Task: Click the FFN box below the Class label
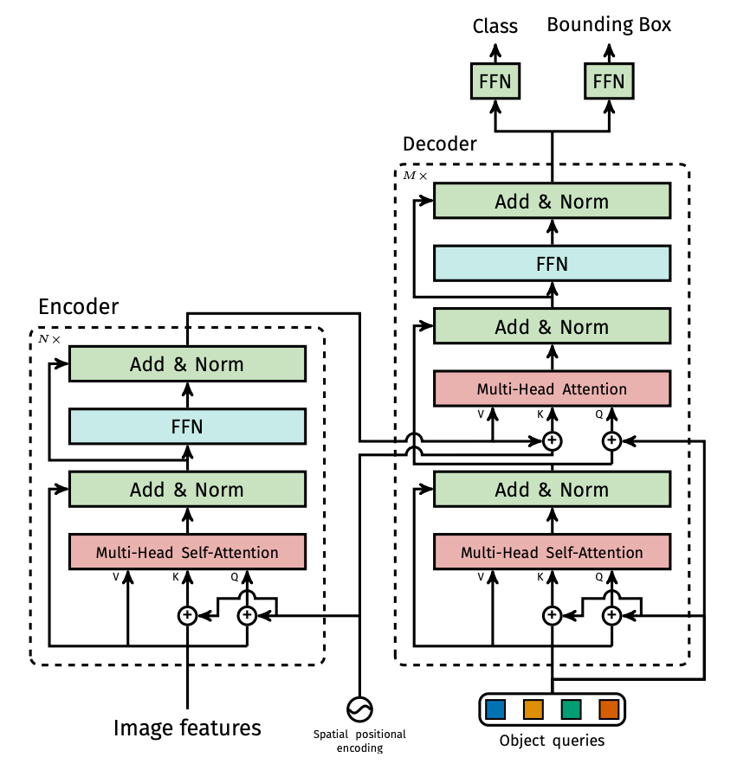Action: click(495, 82)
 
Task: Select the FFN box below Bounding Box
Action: click(608, 82)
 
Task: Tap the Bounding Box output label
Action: click(609, 25)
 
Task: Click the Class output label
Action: click(495, 27)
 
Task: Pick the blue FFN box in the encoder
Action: click(187, 427)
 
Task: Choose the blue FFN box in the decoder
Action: click(552, 263)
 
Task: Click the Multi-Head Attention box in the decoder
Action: click(552, 388)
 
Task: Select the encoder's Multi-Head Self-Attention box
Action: click(187, 552)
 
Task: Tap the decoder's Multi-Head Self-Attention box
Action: click(552, 552)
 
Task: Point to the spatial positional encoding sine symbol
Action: click(359, 709)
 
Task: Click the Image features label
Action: click(187, 728)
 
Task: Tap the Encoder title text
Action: click(79, 307)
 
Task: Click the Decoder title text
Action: click(440, 144)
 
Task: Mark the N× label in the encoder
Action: click(49, 339)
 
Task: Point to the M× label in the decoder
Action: click(415, 176)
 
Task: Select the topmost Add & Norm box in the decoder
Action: click(552, 202)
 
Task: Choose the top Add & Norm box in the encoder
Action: click(187, 364)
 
